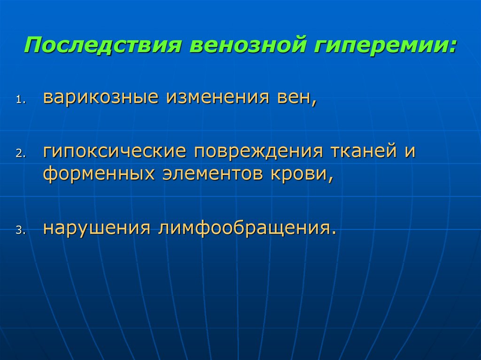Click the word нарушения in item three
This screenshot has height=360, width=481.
(97, 229)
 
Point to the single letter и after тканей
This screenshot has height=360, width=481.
(410, 152)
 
